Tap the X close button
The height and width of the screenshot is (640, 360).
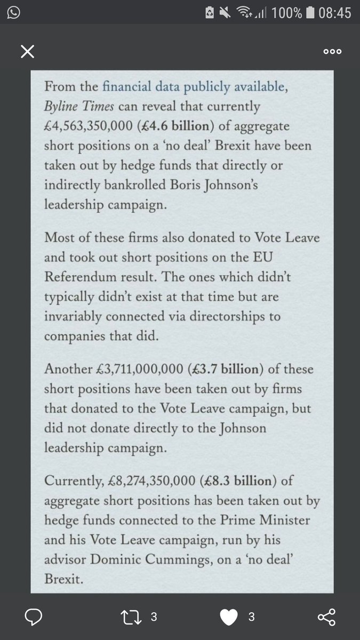(x=27, y=52)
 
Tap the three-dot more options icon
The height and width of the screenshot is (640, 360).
(x=332, y=52)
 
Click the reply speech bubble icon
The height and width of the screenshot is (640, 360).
(x=34, y=617)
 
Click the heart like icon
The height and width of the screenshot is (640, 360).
(x=231, y=617)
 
